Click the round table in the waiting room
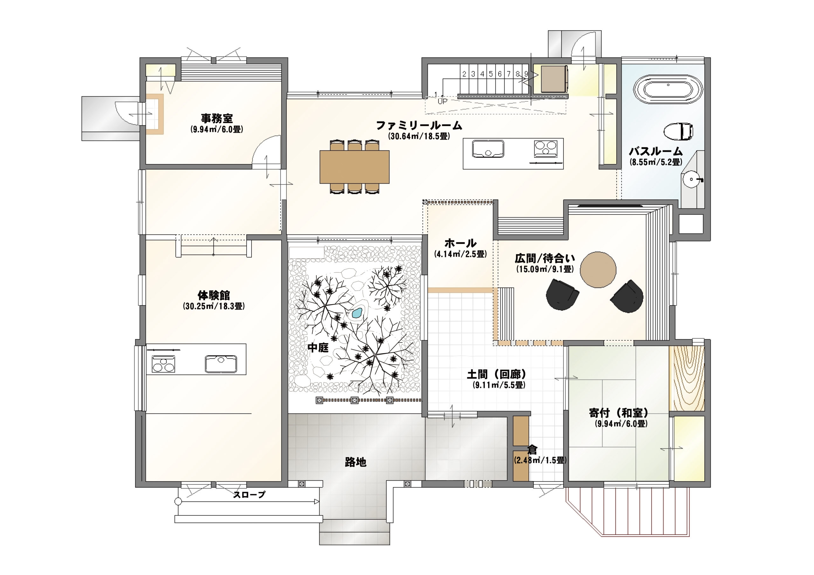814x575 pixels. (598, 270)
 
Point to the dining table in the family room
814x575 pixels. (355, 167)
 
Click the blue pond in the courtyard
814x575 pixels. (357, 313)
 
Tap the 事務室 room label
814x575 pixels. (217, 118)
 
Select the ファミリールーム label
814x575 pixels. (419, 125)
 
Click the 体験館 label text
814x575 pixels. (214, 295)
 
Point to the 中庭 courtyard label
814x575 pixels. (318, 348)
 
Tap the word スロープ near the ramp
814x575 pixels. (249, 495)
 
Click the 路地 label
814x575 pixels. (355, 462)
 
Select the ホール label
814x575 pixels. (460, 243)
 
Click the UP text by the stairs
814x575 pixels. (442, 101)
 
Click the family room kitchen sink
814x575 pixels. (488, 148)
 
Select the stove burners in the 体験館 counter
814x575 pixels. (163, 364)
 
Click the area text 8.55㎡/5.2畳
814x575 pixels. (656, 162)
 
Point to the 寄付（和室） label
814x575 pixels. (619, 413)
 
